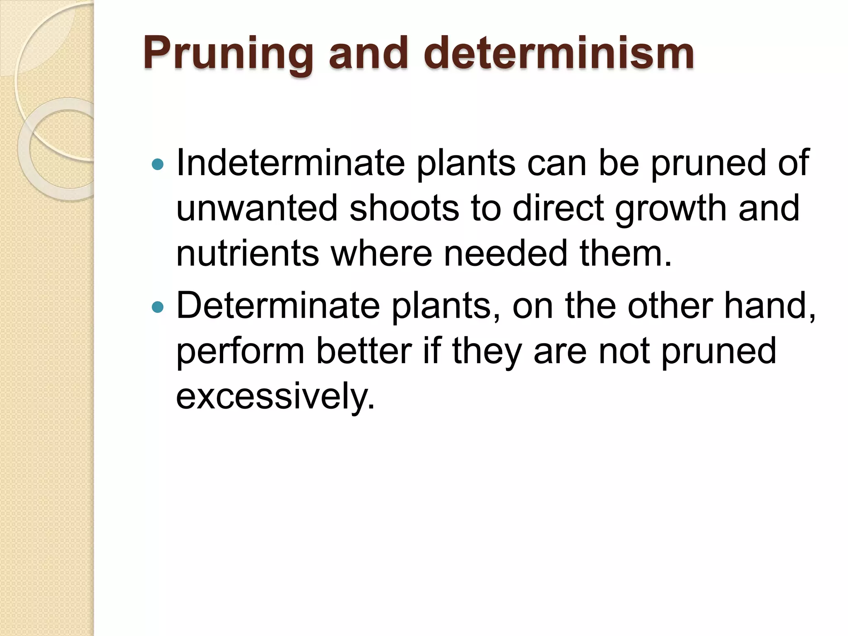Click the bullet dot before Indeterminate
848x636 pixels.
click(158, 164)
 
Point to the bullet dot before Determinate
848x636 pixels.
click(158, 307)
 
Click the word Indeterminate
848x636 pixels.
click(290, 163)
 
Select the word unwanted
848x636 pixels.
click(257, 208)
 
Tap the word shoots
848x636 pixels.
click(404, 208)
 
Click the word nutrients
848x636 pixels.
click(248, 253)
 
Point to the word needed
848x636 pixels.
click(506, 253)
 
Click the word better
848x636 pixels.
click(364, 351)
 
